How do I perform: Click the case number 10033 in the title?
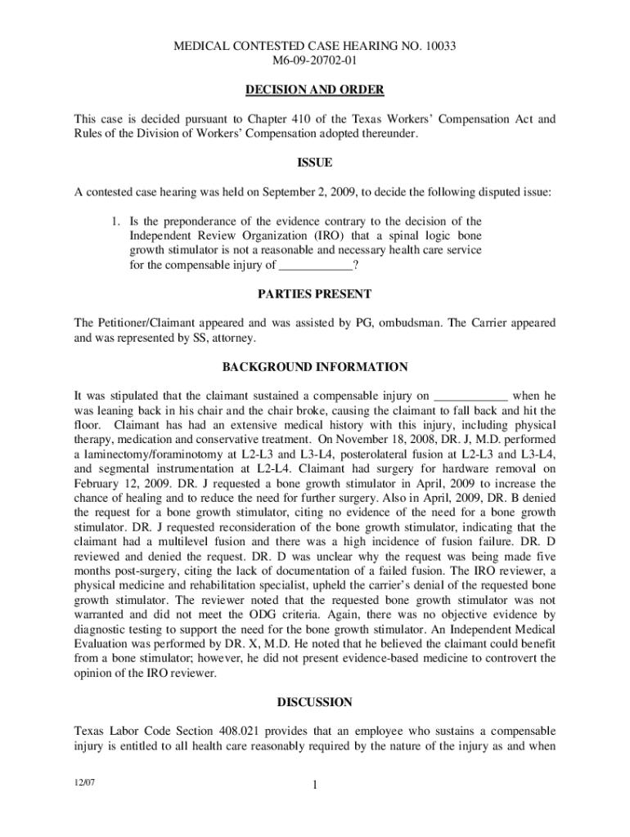point(439,47)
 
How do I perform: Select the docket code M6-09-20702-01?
point(315,61)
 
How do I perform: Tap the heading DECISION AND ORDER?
point(315,90)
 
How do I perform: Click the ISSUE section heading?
point(315,163)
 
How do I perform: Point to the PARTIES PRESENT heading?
point(315,293)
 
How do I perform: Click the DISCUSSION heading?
point(315,701)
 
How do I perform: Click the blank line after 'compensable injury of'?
point(316,265)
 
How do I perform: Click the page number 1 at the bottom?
point(315,787)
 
